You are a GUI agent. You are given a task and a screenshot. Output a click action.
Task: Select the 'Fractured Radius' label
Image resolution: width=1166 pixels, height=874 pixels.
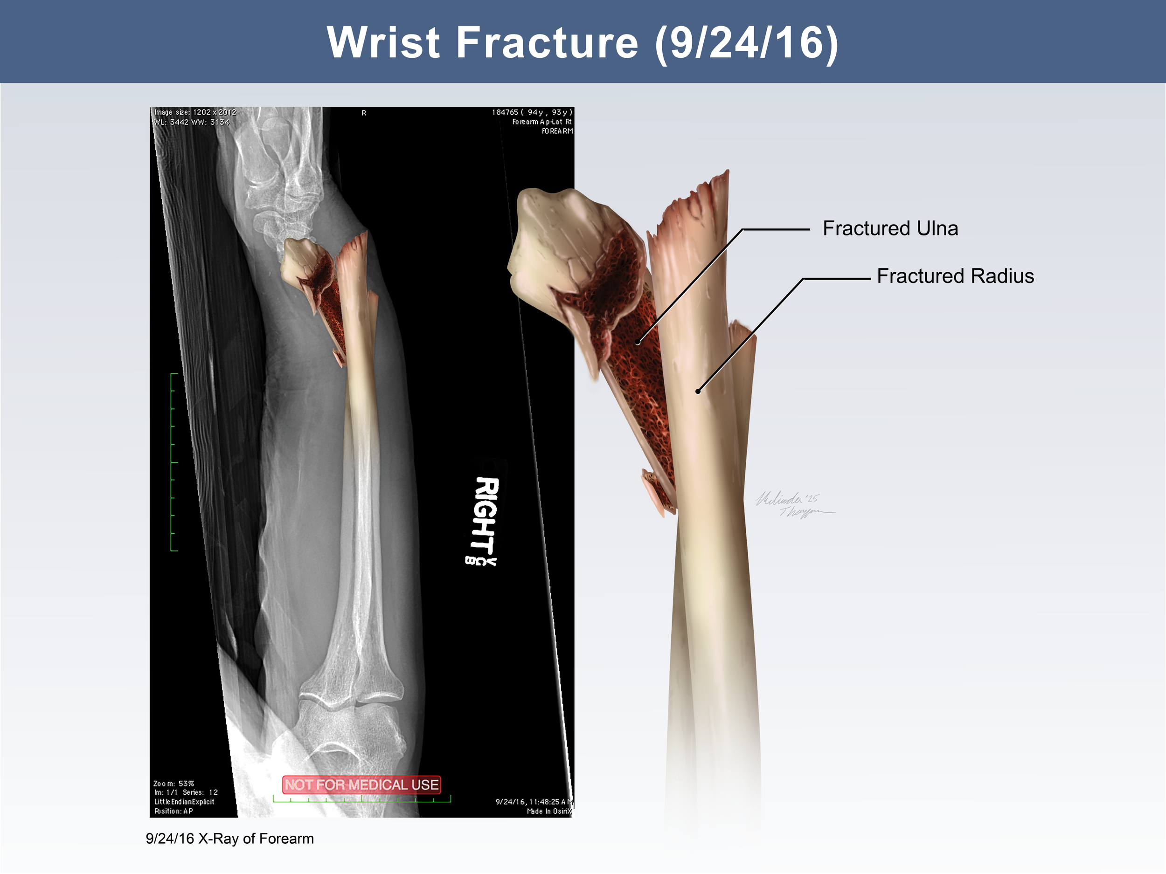[955, 276]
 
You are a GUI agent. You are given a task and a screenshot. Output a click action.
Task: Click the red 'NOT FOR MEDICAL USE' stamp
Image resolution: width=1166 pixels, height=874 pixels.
[361, 785]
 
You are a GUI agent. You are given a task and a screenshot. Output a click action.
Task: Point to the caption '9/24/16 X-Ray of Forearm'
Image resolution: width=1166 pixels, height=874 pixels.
[230, 839]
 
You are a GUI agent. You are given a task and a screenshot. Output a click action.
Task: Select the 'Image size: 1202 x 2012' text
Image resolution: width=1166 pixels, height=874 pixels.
[195, 112]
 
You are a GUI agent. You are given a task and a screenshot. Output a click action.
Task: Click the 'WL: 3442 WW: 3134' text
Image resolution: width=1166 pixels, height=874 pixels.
[191, 122]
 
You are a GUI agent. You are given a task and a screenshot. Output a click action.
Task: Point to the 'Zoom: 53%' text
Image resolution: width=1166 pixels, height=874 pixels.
[174, 784]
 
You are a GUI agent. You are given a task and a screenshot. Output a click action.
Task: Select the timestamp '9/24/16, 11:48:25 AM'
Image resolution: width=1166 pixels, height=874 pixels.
[534, 802]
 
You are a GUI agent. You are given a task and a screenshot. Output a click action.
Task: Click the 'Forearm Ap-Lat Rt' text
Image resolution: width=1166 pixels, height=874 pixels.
[541, 122]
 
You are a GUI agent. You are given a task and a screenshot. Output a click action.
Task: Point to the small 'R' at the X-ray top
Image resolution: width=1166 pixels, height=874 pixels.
[364, 113]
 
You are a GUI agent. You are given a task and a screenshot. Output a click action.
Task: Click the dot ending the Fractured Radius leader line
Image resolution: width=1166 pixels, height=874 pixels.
[698, 391]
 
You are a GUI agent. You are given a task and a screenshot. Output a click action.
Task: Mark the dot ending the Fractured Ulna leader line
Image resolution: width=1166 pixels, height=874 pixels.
[638, 343]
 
